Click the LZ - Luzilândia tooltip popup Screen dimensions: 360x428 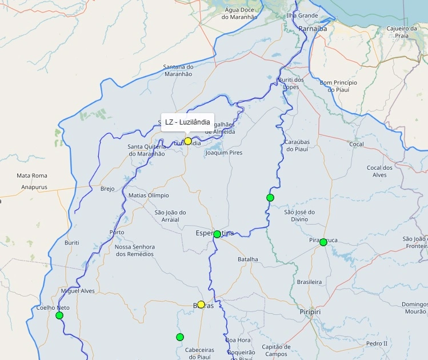[x=187, y=122]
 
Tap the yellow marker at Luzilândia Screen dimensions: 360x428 [x=188, y=141]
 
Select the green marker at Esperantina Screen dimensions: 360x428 [x=217, y=234]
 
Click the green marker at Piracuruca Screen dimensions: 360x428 [x=323, y=242]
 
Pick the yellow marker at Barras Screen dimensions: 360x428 [x=201, y=305]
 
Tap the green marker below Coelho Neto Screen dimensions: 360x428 [x=59, y=315]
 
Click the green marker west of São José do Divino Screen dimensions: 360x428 [x=270, y=198]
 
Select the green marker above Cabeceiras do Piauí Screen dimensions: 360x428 [x=180, y=337]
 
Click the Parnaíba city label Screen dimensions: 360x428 [x=312, y=28]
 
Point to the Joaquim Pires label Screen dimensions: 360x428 [x=223, y=153]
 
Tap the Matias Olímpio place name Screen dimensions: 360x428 [x=149, y=195]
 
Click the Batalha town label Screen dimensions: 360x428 [x=248, y=259]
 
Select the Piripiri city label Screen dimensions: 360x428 [x=311, y=312]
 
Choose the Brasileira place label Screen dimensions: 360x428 [x=309, y=282]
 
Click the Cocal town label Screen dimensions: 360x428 [x=357, y=145]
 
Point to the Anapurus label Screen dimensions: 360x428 [x=34, y=187]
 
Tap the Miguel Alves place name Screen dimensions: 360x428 [x=78, y=291]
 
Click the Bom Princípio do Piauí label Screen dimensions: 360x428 [x=338, y=86]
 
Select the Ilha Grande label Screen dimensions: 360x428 [x=302, y=15]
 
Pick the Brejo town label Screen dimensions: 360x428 [x=107, y=189]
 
